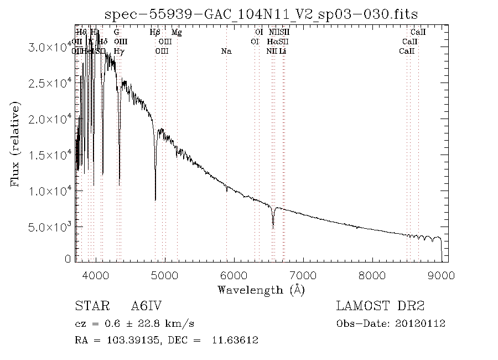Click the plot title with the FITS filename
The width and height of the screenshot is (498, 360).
point(261,13)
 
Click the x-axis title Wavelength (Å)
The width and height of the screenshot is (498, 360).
point(261,290)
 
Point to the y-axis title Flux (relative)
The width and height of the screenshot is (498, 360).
point(15,143)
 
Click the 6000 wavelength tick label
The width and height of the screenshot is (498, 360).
point(234,275)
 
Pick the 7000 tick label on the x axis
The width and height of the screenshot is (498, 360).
point(303,275)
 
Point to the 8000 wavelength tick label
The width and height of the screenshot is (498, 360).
point(372,275)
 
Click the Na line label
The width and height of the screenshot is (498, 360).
point(226,52)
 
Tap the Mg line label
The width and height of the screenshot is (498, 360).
point(177,33)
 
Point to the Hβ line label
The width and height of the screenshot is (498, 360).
point(155,33)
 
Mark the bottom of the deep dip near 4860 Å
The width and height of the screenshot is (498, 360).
point(155,200)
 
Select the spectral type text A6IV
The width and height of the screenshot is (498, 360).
point(146,306)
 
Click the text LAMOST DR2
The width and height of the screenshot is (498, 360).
point(380,306)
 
